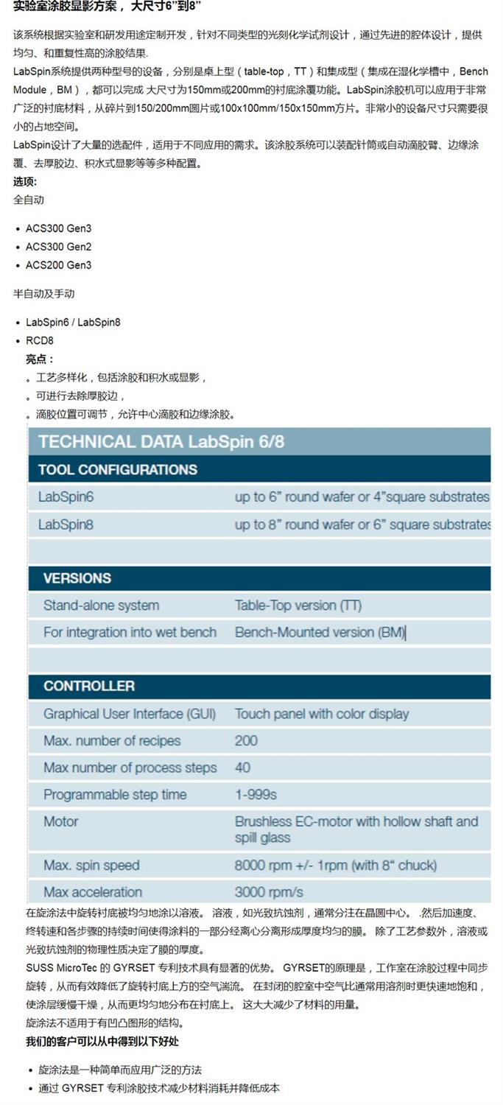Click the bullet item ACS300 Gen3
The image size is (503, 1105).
[58, 228]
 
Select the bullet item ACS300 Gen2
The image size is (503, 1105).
[58, 247]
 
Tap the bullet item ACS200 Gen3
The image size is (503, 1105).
[58, 265]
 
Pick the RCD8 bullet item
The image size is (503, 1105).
[40, 340]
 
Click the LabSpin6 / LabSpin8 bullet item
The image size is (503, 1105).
[73, 322]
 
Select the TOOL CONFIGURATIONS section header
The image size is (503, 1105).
[118, 469]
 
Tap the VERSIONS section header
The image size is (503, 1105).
[77, 578]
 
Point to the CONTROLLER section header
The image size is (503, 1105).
[89, 686]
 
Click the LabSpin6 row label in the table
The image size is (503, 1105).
[66, 497]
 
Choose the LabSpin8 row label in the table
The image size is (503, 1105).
[66, 525]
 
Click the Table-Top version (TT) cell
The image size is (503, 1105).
[298, 606]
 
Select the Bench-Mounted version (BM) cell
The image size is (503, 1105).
[320, 632]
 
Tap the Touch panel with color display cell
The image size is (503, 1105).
[322, 714]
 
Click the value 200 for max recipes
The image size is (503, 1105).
[246, 740]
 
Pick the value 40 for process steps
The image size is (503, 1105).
[242, 768]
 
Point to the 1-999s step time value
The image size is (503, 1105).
[256, 794]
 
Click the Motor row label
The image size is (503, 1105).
[60, 821]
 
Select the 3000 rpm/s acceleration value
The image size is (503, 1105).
[269, 892]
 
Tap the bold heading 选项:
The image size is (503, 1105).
[25, 181]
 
